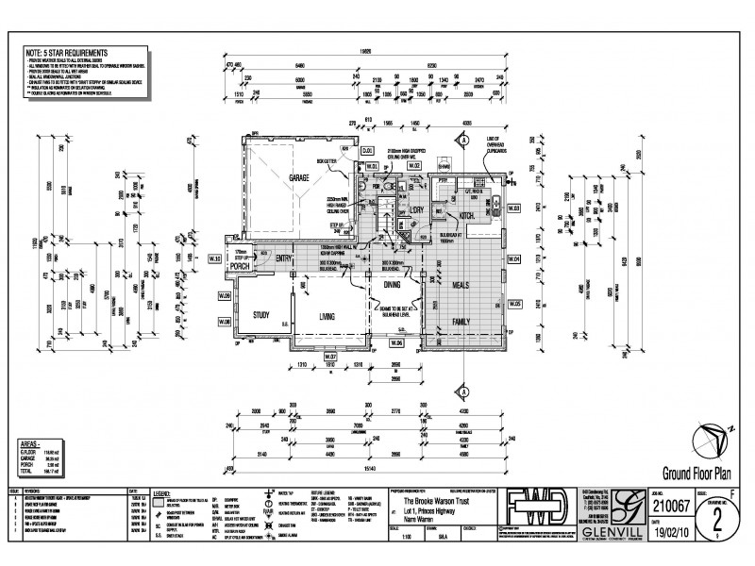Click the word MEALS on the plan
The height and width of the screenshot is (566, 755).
click(x=463, y=283)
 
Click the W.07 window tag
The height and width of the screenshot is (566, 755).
click(x=330, y=358)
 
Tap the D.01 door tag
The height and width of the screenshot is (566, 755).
click(x=368, y=151)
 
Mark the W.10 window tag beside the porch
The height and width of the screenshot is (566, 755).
click(x=214, y=258)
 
